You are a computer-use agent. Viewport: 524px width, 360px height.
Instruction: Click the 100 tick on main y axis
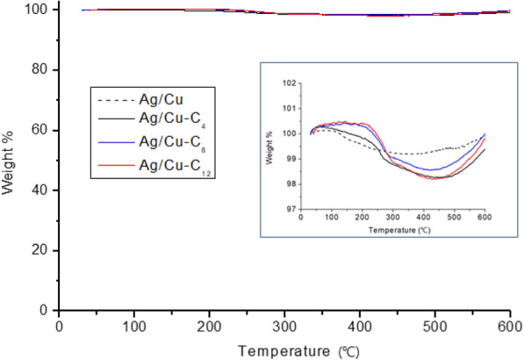point(38,10)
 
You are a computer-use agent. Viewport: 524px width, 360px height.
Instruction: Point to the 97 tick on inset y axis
point(290,209)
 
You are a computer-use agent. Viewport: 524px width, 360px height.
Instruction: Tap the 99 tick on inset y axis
point(290,159)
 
